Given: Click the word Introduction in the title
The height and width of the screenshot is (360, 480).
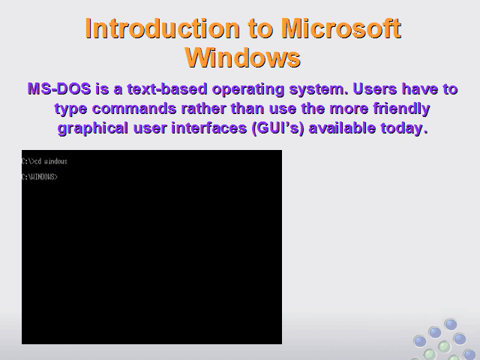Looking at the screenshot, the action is (x=162, y=28).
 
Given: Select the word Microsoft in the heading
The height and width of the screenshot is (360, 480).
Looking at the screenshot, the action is (x=341, y=28).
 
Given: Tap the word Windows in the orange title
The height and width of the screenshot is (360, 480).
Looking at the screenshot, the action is (x=243, y=58).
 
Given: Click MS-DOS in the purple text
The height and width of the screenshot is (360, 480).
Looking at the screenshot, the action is (x=59, y=88).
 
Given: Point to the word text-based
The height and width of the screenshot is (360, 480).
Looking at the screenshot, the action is (x=167, y=88).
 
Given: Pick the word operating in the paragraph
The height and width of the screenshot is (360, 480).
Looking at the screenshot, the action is (x=248, y=89).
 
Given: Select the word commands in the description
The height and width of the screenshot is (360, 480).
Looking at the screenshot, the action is (x=134, y=108).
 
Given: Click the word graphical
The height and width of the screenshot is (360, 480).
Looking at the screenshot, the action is (x=93, y=128).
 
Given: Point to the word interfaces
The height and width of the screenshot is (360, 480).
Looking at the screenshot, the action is (x=208, y=127).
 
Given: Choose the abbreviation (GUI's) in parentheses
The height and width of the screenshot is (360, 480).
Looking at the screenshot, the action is (x=277, y=128).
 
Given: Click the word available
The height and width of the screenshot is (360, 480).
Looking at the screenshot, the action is (x=342, y=127).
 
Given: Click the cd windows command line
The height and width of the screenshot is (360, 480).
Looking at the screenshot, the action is (x=44, y=161).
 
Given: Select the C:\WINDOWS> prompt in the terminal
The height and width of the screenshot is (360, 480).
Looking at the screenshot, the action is (x=40, y=177).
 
